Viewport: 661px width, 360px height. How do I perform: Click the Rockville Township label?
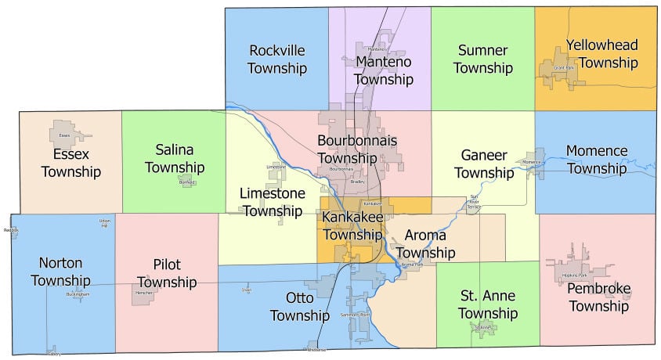click(276, 59)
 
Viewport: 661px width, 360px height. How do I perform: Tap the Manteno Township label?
click(383, 70)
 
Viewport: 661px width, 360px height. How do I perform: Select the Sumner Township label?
click(482, 59)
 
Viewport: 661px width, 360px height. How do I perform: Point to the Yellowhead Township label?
click(601, 53)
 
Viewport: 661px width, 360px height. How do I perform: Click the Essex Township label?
click(71, 163)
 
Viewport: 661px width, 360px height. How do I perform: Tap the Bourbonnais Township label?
click(357, 149)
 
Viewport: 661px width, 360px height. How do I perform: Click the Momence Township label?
click(597, 159)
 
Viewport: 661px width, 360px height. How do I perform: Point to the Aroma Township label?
click(424, 243)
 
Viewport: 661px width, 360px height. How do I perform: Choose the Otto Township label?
click(299, 307)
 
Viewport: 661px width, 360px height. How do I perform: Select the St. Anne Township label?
click(488, 304)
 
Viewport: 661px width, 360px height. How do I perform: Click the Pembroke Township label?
click(599, 297)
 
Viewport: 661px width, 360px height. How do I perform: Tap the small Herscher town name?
click(144, 292)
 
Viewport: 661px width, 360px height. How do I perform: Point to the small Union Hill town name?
click(105, 223)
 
